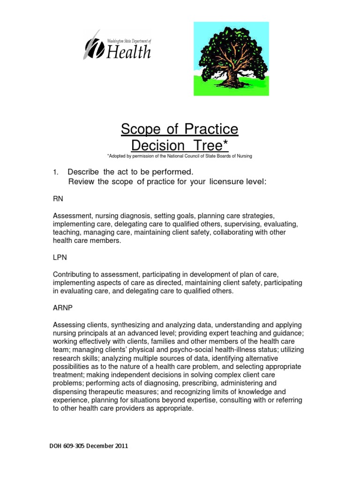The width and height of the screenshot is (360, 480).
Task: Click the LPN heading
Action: click(x=60, y=257)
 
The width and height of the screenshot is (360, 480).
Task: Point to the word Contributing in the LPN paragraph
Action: click(x=74, y=274)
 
